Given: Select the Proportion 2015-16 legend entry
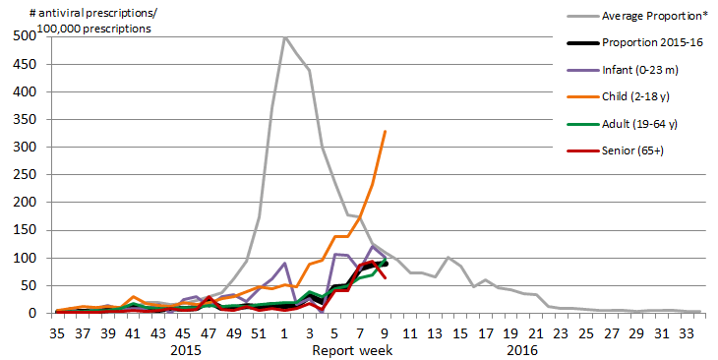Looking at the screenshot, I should point(645,44).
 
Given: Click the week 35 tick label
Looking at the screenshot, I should point(58,332).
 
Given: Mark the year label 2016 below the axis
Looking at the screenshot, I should point(523,349).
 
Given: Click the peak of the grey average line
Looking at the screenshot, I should point(284,36).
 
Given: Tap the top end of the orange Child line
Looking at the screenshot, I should point(385,131).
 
